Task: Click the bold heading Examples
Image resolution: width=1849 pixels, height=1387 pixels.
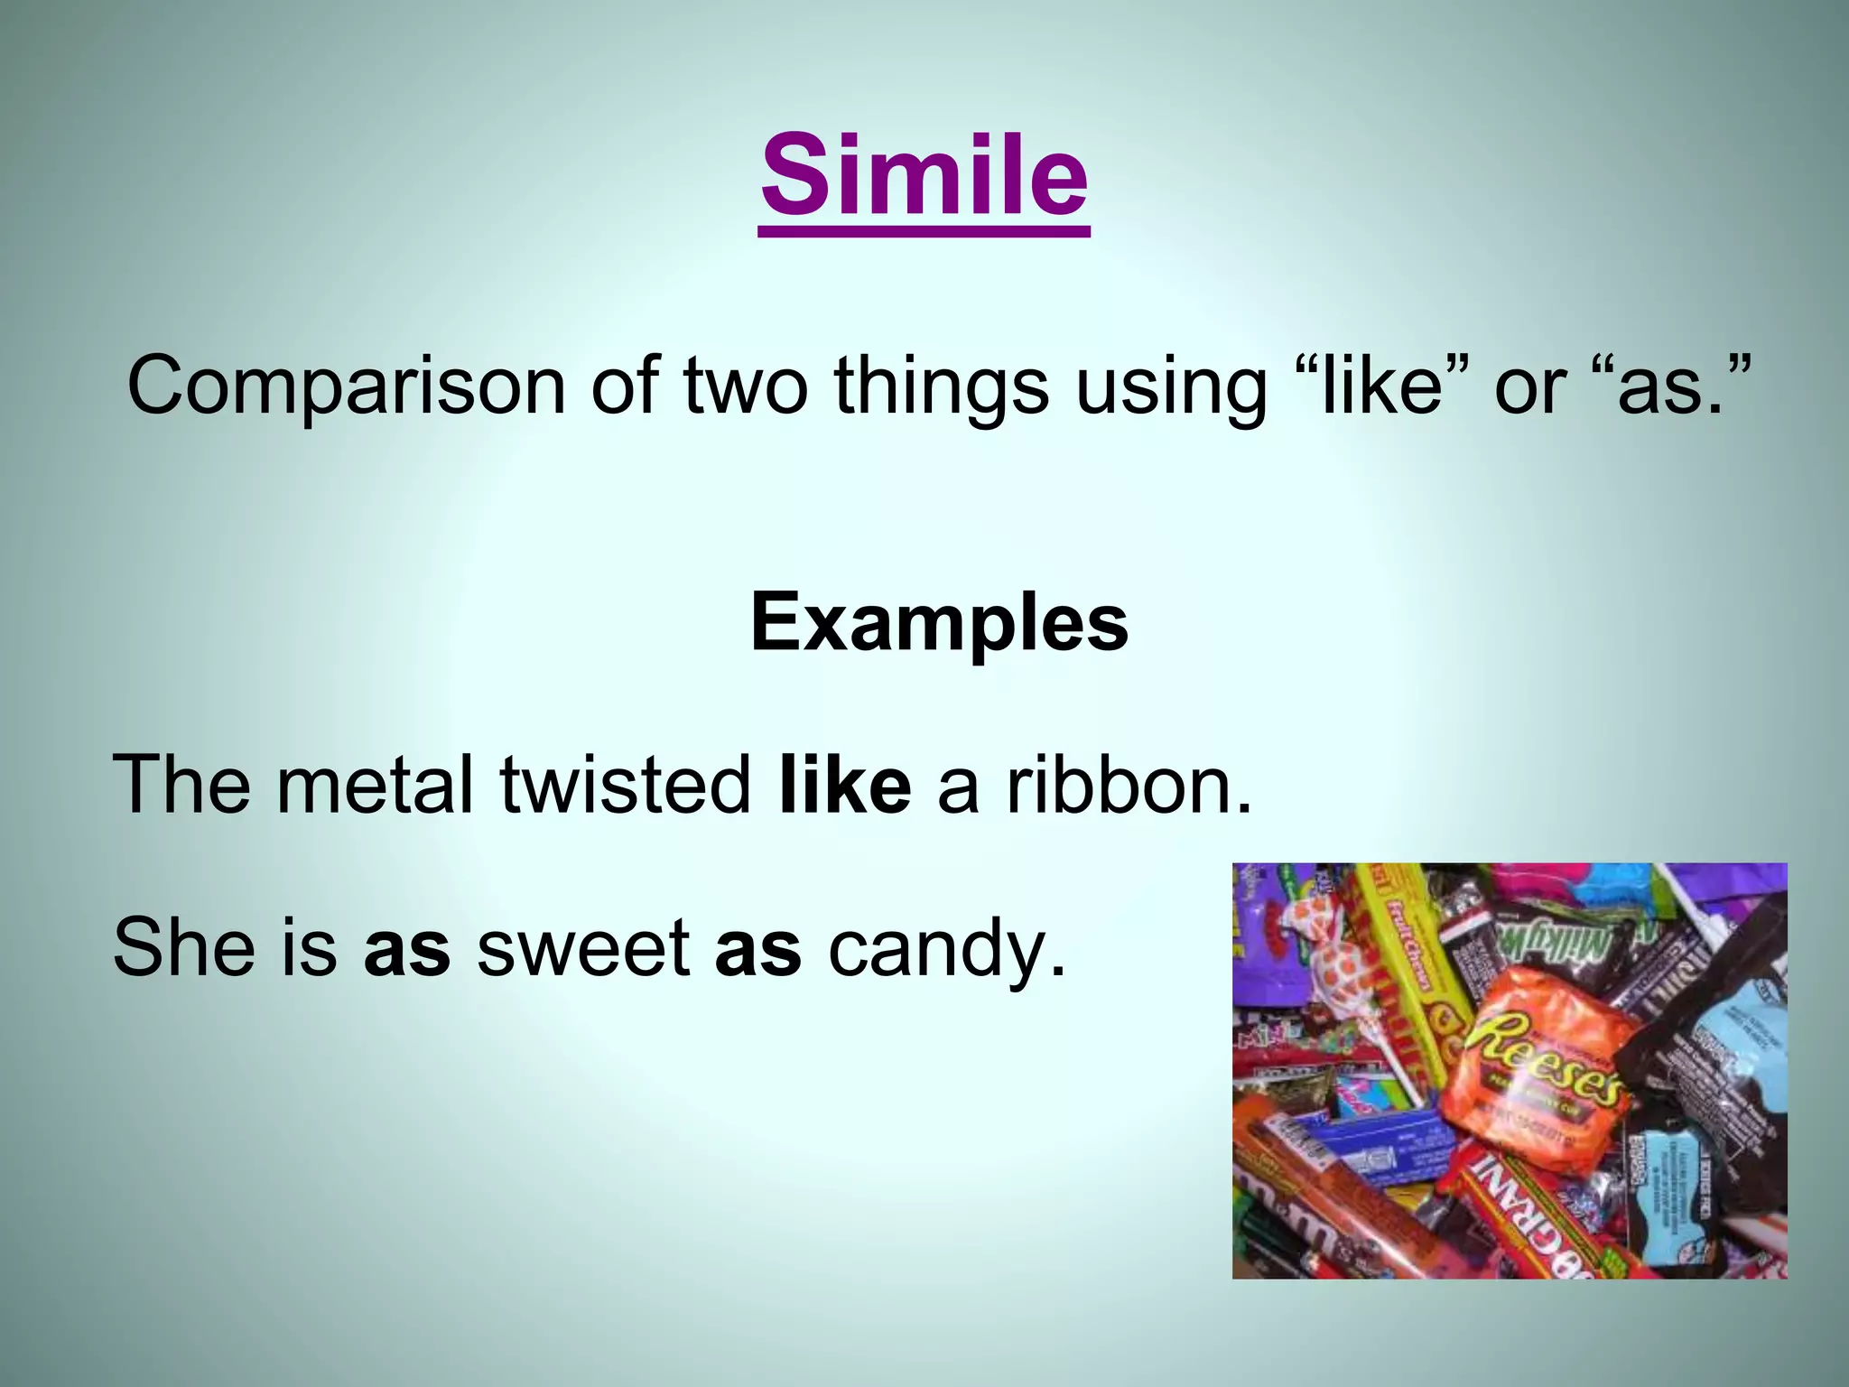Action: tap(939, 623)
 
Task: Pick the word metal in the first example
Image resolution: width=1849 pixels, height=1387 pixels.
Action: tap(375, 784)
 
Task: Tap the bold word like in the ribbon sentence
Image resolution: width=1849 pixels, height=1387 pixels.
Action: tap(844, 784)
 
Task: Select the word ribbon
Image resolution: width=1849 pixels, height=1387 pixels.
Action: tap(1129, 784)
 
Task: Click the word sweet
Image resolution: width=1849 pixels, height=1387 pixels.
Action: tap(583, 947)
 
